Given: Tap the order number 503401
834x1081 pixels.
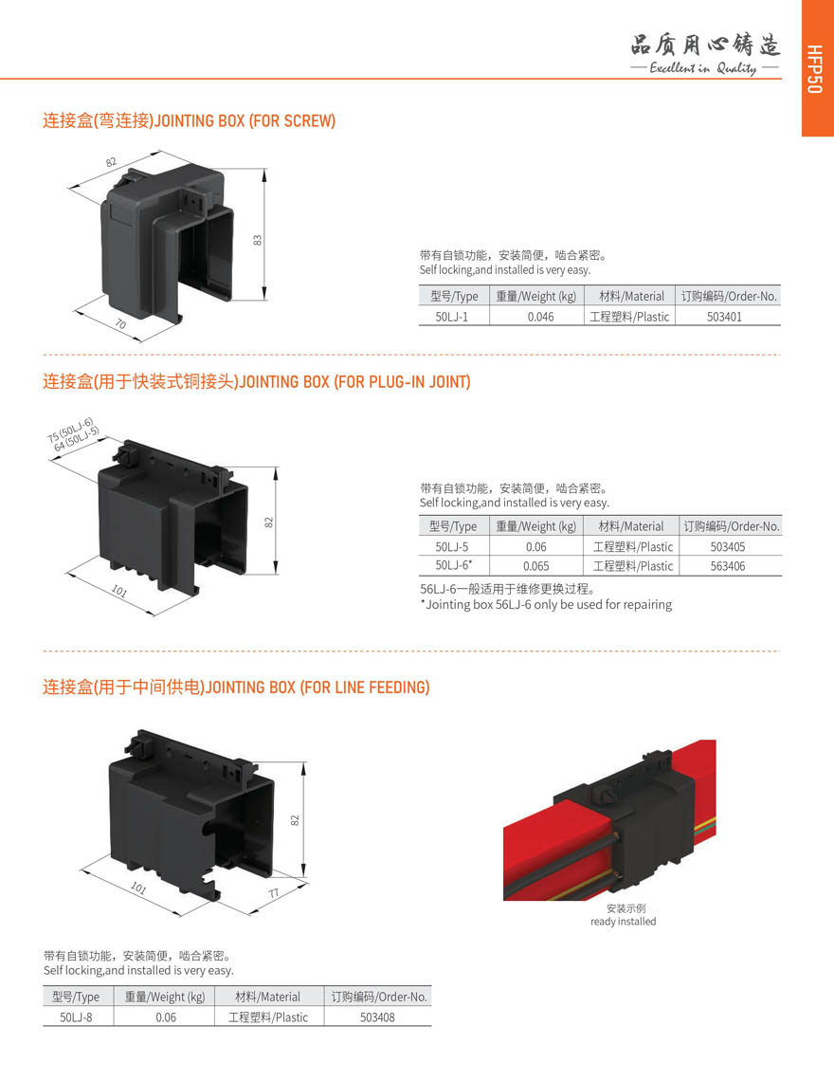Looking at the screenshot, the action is (724, 317).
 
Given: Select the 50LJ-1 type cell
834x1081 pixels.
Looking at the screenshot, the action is (451, 317).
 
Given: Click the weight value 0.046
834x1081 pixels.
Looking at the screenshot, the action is (541, 317).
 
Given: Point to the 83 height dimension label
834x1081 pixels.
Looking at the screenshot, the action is (258, 240).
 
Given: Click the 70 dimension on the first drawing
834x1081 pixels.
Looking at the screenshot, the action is (120, 323).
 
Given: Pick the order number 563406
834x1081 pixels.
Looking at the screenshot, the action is (728, 566).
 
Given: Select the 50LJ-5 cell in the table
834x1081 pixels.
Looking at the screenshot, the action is (451, 547).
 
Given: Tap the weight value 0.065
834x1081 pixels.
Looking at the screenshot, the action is (536, 566).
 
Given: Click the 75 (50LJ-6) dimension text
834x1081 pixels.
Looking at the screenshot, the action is (69, 430).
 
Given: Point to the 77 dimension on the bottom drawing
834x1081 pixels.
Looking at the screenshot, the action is (274, 893).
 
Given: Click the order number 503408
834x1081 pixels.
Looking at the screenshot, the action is (378, 1017).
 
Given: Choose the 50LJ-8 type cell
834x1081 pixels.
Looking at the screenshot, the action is (76, 1017).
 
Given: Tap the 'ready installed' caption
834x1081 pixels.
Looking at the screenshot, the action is (623, 922).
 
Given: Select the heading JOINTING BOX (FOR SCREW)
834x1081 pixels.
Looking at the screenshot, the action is (245, 120).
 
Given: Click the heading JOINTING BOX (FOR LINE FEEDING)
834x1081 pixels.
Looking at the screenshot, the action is (317, 687).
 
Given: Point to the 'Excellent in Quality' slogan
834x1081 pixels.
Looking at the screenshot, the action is (704, 67).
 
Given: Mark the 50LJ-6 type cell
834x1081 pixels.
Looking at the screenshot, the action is (453, 566).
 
